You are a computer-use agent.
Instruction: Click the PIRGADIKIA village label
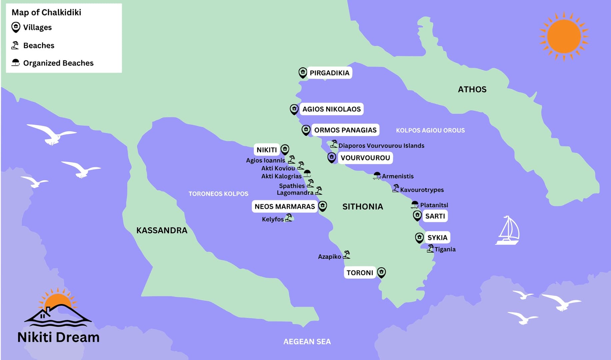click(x=329, y=73)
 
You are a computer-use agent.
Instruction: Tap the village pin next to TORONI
click(x=381, y=272)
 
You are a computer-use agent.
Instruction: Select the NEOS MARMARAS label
click(x=285, y=207)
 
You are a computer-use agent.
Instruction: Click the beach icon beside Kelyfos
click(x=289, y=218)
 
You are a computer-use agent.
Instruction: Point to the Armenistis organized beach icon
click(x=377, y=176)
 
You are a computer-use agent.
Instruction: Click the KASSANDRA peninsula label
click(x=162, y=230)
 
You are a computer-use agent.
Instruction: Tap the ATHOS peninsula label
click(x=472, y=89)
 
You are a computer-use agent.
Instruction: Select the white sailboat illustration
click(x=507, y=231)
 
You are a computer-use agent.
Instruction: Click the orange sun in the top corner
click(x=564, y=36)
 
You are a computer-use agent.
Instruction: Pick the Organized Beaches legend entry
click(x=58, y=63)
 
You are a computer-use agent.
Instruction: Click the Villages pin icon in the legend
click(x=16, y=27)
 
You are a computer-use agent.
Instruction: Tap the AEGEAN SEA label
click(x=307, y=342)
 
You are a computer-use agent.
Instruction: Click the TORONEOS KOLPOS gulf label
click(x=218, y=194)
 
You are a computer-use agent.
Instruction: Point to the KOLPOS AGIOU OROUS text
click(x=430, y=130)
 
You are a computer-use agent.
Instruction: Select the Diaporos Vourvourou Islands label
click(x=381, y=146)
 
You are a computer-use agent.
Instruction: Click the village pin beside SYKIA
click(x=419, y=237)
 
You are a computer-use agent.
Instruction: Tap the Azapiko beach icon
click(x=346, y=255)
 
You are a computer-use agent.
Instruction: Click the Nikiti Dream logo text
click(x=58, y=337)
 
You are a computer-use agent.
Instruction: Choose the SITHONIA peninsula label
click(x=362, y=207)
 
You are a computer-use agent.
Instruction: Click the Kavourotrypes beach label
click(x=422, y=190)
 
